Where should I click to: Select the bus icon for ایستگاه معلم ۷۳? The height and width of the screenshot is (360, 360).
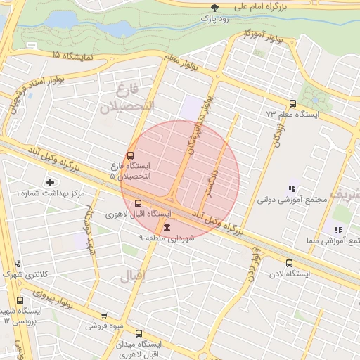tap(292, 103)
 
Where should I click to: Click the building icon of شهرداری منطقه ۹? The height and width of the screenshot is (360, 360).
tap(165, 228)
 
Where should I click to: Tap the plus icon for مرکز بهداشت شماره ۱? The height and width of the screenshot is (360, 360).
tap(49, 182)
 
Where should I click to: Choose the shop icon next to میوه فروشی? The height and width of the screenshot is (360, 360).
tap(104, 316)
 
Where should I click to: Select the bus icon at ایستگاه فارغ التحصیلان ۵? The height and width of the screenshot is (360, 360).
tap(129, 155)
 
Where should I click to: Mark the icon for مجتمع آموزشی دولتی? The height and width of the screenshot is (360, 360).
tap(291, 188)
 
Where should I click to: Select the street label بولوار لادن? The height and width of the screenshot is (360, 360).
tap(252, 267)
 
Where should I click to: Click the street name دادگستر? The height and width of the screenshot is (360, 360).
tap(212, 181)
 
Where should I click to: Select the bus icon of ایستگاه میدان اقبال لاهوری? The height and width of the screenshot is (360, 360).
tap(138, 333)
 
